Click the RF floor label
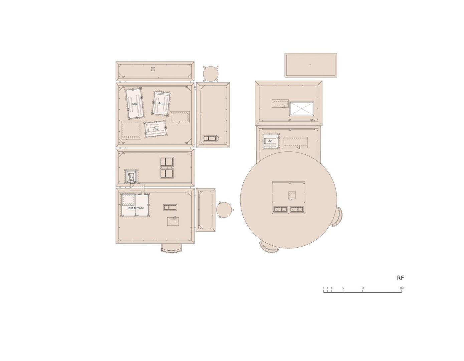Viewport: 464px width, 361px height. pyautogui.click(x=400, y=278)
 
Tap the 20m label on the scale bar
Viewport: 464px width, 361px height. pyautogui.click(x=402, y=288)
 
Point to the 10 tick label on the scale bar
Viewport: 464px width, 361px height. pyautogui.click(x=363, y=288)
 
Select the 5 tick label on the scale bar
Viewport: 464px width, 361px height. pyautogui.click(x=343, y=288)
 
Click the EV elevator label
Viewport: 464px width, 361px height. pyautogui.click(x=131, y=177)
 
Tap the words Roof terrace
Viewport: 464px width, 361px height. pyautogui.click(x=135, y=208)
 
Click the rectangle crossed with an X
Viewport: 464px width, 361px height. pyautogui.click(x=301, y=109)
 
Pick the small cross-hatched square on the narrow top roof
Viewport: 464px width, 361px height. pyautogui.click(x=153, y=69)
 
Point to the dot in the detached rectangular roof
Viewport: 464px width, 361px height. pyautogui.click(x=310, y=65)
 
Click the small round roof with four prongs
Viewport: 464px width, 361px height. pyautogui.click(x=211, y=74)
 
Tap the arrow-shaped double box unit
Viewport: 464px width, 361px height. pyautogui.click(x=211, y=138)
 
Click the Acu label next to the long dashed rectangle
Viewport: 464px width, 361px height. pyautogui.click(x=270, y=141)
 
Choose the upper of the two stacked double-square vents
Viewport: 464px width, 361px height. pyautogui.click(x=167, y=162)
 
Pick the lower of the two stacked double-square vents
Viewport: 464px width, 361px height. pyautogui.click(x=167, y=173)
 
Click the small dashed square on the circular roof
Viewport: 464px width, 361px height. pyautogui.click(x=292, y=195)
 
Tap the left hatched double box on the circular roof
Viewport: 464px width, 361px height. pyautogui.click(x=280, y=209)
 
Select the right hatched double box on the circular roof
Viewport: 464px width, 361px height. pyautogui.click(x=296, y=209)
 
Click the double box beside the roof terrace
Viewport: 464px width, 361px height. pyautogui.click(x=170, y=207)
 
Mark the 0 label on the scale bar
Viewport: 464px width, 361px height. pyautogui.click(x=323, y=288)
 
